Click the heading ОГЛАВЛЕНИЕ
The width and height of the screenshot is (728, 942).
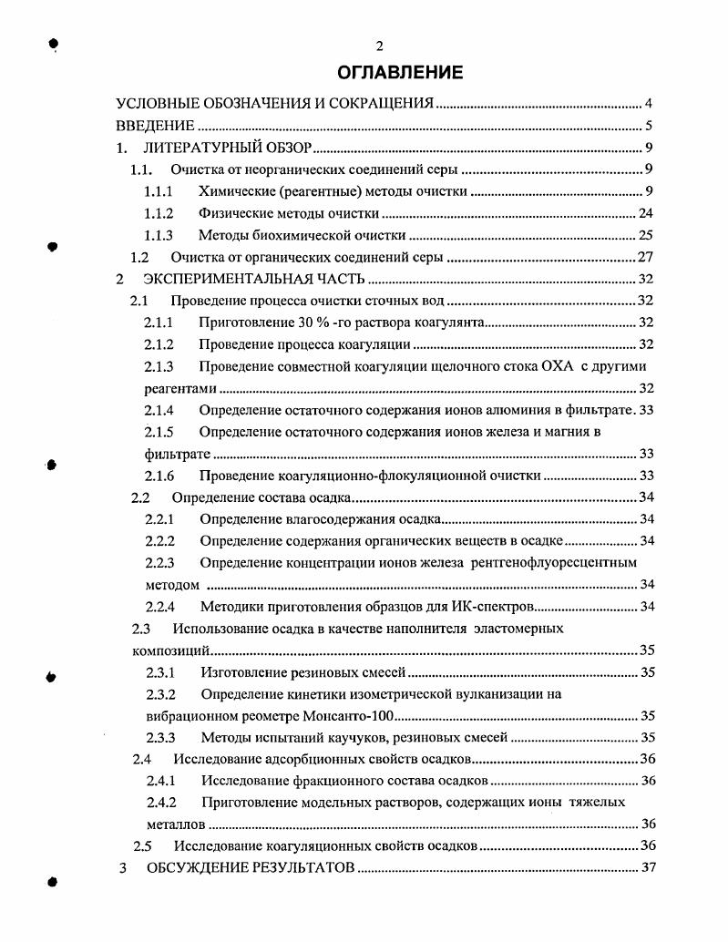click(400, 72)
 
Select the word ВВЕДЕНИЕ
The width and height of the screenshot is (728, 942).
click(155, 126)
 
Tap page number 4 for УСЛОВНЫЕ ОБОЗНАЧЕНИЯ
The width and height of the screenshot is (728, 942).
click(648, 103)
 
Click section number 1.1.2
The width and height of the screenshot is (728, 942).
click(160, 214)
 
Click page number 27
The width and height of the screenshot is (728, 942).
click(646, 258)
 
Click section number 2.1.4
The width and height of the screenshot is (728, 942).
click(160, 410)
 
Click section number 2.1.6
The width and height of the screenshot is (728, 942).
click(160, 476)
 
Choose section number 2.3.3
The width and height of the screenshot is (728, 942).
click(161, 737)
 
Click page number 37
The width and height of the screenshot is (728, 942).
click(648, 867)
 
